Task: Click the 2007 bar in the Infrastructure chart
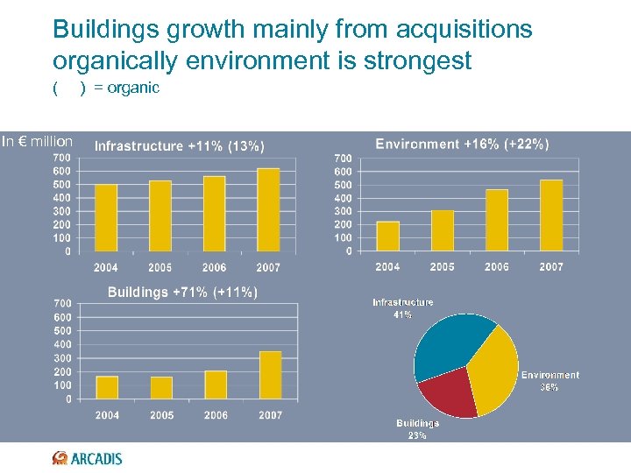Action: pyautogui.click(x=268, y=210)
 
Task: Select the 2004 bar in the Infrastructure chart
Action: pyautogui.click(x=106, y=218)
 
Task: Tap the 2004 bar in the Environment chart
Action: pyautogui.click(x=387, y=236)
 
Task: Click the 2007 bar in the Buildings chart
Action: pyautogui.click(x=271, y=375)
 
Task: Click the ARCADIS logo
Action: pyautogui.click(x=88, y=458)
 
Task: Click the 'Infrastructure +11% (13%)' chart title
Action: pyautogui.click(x=180, y=145)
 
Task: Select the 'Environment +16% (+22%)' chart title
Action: pyautogui.click(x=462, y=144)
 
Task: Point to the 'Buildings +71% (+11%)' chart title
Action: pyautogui.click(x=182, y=292)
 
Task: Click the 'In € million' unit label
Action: pyautogui.click(x=37, y=141)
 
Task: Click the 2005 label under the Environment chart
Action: pyautogui.click(x=442, y=266)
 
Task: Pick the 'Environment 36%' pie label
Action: pyautogui.click(x=549, y=380)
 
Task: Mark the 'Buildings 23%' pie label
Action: pyautogui.click(x=417, y=428)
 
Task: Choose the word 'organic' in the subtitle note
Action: pyautogui.click(x=133, y=88)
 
